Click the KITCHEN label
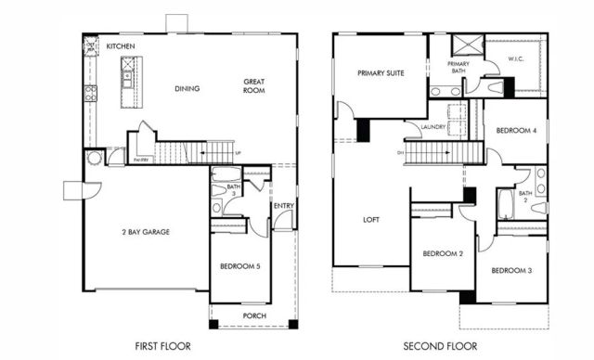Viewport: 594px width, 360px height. [121, 45]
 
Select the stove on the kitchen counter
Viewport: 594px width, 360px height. [90, 93]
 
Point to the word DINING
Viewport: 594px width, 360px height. [188, 89]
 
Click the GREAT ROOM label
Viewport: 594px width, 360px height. [254, 86]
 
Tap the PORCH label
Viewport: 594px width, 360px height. [253, 316]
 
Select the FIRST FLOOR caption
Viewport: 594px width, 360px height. [162, 346]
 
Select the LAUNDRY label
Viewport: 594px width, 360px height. [433, 127]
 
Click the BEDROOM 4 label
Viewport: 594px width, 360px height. [515, 130]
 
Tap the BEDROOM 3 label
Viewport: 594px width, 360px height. [510, 270]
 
